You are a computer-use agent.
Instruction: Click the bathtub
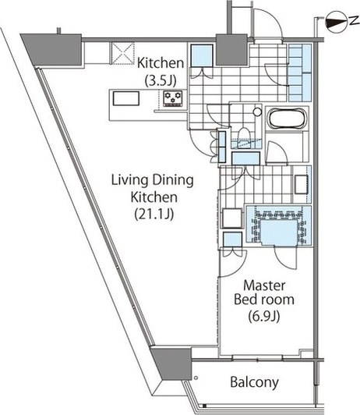pyautogui.click(x=287, y=119)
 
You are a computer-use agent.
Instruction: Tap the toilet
pyautogui.click(x=243, y=136)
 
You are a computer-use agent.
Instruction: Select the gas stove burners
pyautogui.click(x=173, y=98)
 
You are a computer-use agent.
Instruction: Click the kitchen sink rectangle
pyautogui.click(x=126, y=98)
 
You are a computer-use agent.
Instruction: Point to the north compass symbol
pyautogui.click(x=336, y=22)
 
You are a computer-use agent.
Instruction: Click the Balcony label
pyautogui.click(x=254, y=382)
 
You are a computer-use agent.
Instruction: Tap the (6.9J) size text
pyautogui.click(x=263, y=316)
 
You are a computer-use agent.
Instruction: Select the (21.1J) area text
pyautogui.click(x=154, y=214)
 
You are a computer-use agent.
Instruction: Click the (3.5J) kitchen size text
pyautogui.click(x=161, y=80)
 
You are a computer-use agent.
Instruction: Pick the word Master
pyautogui.click(x=264, y=286)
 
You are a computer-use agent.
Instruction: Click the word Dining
pyautogui.click(x=173, y=181)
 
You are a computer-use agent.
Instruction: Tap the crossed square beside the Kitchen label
pyautogui.click(x=122, y=53)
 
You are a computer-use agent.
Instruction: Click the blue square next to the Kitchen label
pyautogui.click(x=202, y=55)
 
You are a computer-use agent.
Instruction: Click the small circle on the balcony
pyautogui.click(x=196, y=378)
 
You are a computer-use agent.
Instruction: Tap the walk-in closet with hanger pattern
pyautogui.click(x=279, y=225)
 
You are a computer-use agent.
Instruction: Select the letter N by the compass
pyautogui.click(x=353, y=21)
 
